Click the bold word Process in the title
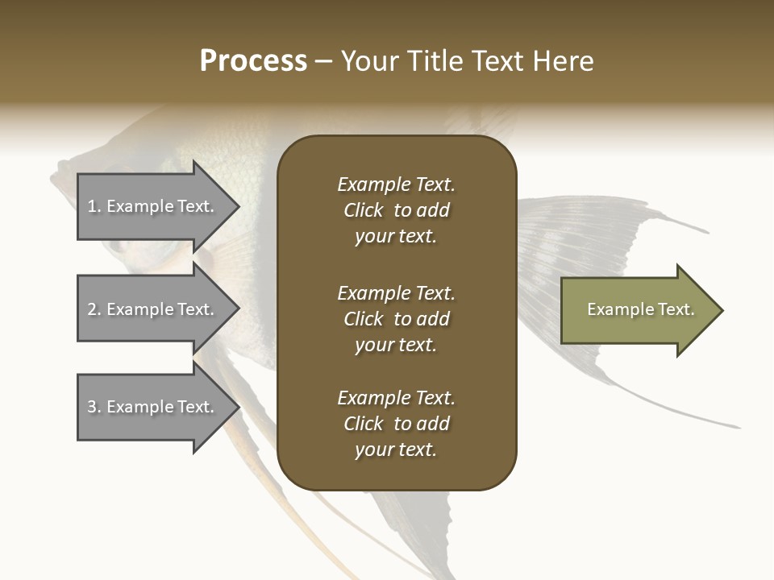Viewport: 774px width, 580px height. (x=253, y=61)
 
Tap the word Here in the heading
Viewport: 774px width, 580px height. (x=564, y=61)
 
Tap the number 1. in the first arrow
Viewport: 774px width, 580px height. (x=94, y=206)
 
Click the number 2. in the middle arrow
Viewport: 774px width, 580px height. (x=94, y=309)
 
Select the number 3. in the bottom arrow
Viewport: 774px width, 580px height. (x=94, y=407)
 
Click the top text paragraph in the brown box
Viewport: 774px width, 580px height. (x=396, y=210)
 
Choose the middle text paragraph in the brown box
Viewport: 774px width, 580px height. (x=396, y=319)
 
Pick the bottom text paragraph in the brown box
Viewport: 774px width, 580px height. (x=396, y=424)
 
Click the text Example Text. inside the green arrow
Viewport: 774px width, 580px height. (x=640, y=309)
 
